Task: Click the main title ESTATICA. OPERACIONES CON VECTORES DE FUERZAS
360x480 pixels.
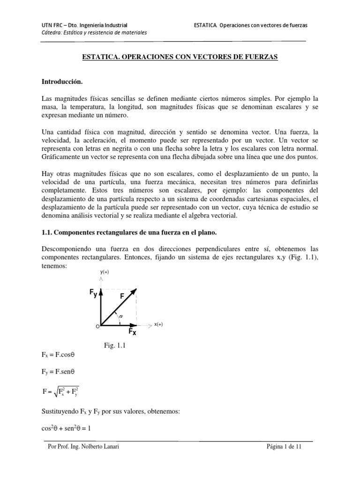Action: [180, 57]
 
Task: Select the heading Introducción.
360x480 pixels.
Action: [62, 82]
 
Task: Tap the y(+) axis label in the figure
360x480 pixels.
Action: [105, 272]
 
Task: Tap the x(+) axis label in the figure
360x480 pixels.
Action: [159, 324]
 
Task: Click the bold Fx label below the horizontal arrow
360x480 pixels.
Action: [133, 333]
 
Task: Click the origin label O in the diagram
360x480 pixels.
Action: [97, 326]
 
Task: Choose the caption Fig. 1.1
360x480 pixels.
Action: [115, 346]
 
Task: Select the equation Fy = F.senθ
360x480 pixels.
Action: [59, 372]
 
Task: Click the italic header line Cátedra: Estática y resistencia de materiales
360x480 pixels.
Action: [94, 32]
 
